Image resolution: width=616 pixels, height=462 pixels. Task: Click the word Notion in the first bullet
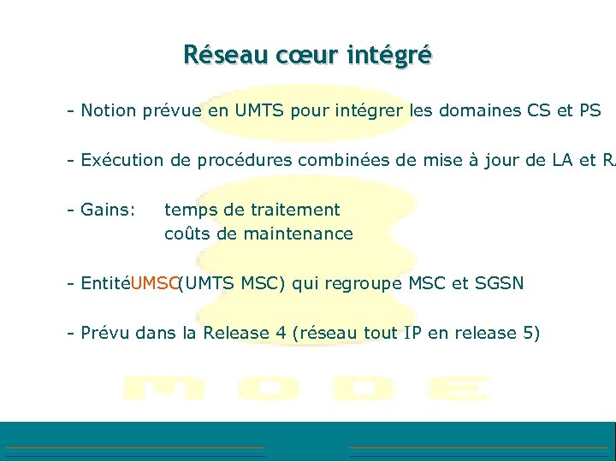click(x=110, y=110)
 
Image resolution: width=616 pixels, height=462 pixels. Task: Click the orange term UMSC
click(x=155, y=283)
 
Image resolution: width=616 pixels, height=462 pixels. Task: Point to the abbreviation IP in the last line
click(x=413, y=333)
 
